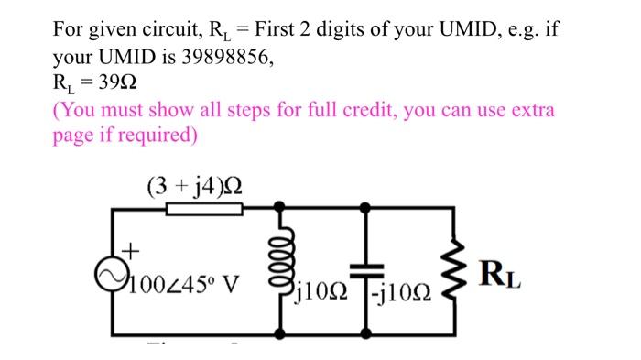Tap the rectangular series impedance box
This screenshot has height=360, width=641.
(204, 210)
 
